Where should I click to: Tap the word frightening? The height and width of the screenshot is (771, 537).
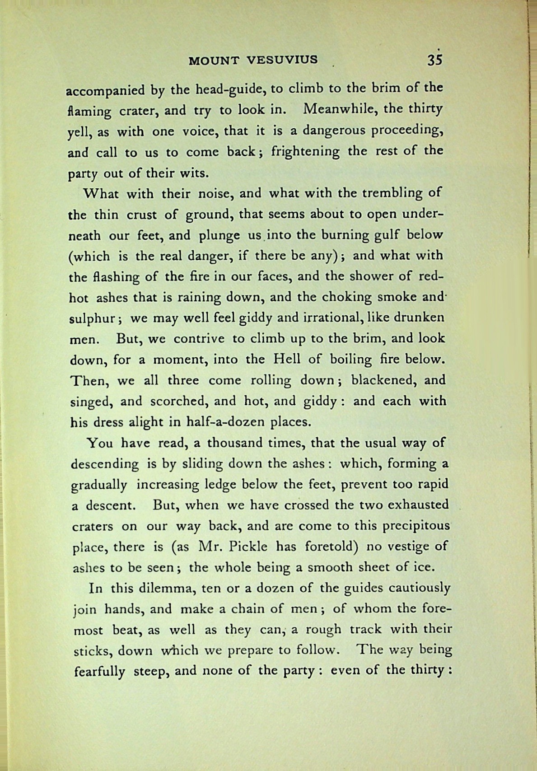pyautogui.click(x=305, y=152)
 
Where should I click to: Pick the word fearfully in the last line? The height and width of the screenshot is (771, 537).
pyautogui.click(x=99, y=672)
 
